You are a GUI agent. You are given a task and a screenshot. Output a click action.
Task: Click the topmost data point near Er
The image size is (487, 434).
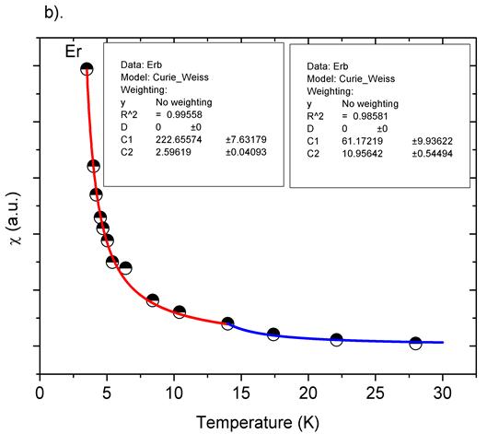pos(87,69)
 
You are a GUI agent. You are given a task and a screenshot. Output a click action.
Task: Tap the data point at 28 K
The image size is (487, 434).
pos(415,343)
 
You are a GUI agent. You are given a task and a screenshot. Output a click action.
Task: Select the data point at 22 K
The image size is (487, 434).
pos(337,340)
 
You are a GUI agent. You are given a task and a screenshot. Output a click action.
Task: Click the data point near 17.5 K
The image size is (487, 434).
pos(273,334)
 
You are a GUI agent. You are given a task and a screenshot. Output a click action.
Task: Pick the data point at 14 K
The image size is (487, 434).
pos(227,323)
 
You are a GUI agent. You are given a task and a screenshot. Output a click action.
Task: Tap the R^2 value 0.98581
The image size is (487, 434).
pos(360,108)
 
